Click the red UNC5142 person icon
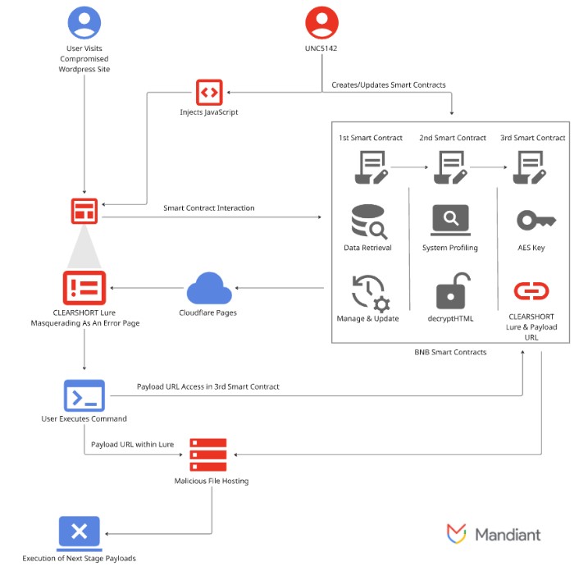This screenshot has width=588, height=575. point(321,22)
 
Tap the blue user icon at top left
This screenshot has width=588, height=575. point(84,22)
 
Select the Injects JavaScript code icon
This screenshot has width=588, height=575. point(208,93)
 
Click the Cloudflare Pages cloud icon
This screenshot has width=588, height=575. point(207,288)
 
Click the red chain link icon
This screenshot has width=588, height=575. point(531,290)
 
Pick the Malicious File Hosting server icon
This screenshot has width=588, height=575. point(207,454)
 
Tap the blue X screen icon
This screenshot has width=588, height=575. point(79,532)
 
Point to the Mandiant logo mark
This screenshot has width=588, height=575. point(457,534)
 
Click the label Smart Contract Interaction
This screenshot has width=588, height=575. point(208,208)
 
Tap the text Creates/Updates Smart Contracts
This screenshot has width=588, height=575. point(388,85)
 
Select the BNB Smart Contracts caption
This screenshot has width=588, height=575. point(450,352)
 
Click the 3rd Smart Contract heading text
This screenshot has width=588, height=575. point(532,138)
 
